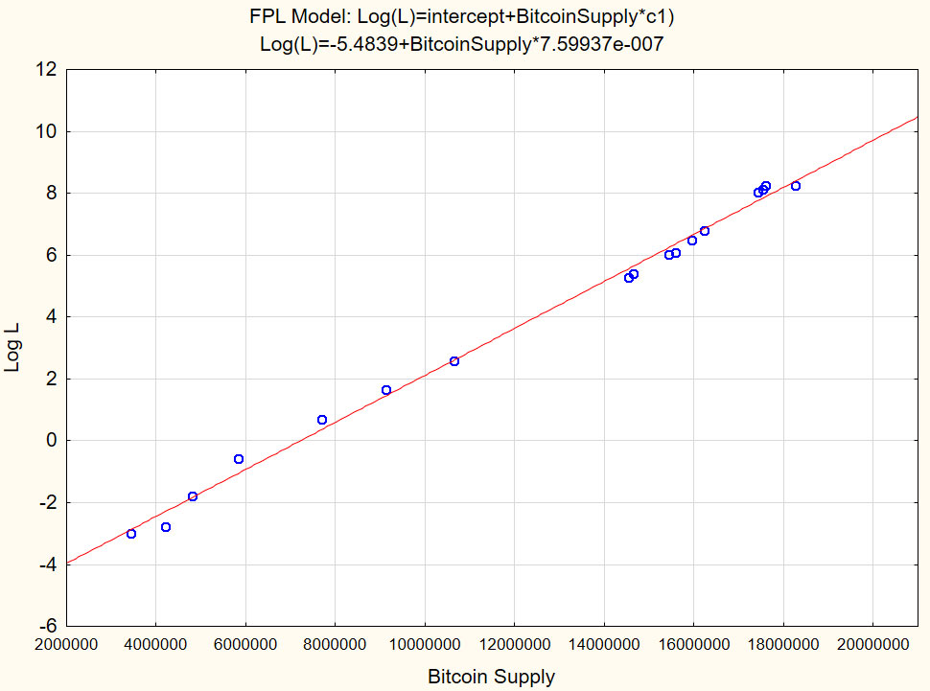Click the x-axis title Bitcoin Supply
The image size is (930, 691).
(x=491, y=677)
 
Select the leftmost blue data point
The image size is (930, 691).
(x=131, y=534)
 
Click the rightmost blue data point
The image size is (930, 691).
(x=796, y=186)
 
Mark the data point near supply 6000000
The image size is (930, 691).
(x=239, y=459)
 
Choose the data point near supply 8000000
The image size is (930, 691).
(x=322, y=420)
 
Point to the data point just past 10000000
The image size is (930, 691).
(x=454, y=361)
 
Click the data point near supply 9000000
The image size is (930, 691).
(x=386, y=390)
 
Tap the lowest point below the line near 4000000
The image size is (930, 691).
(x=166, y=527)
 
